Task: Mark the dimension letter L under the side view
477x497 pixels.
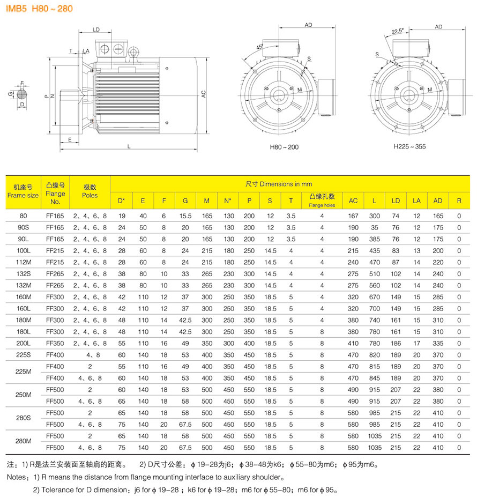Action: [130, 146]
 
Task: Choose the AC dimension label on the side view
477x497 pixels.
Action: [204, 93]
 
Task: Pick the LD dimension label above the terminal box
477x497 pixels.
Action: [96, 30]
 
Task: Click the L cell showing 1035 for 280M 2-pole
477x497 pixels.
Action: [374, 435]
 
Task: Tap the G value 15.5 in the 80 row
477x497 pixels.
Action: [185, 216]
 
